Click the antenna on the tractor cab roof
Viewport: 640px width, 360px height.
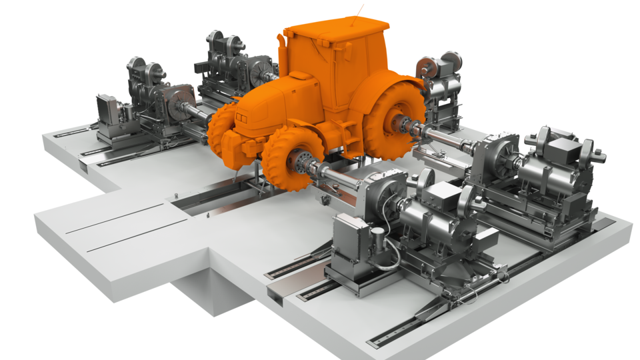[361, 11]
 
